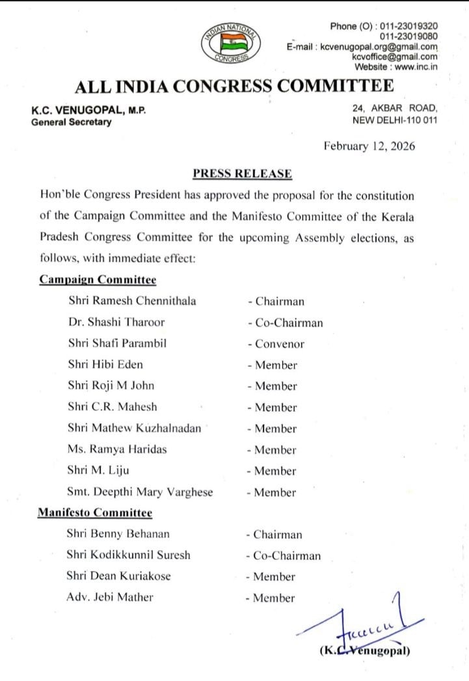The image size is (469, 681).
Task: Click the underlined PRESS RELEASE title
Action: (x=242, y=173)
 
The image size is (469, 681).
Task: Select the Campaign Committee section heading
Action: (x=98, y=280)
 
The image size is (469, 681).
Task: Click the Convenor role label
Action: (x=276, y=344)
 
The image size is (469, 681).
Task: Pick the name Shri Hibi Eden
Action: (x=105, y=365)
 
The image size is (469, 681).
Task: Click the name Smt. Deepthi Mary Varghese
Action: (x=141, y=492)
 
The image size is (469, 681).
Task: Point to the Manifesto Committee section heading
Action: (x=95, y=513)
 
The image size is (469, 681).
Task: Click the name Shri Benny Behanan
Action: (x=118, y=535)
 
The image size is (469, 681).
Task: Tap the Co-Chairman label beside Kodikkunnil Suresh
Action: (x=284, y=556)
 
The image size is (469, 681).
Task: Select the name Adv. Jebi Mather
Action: (x=110, y=597)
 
